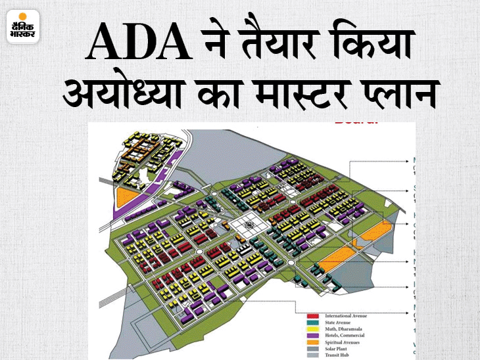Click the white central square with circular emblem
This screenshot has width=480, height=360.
pyautogui.click(x=249, y=227)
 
